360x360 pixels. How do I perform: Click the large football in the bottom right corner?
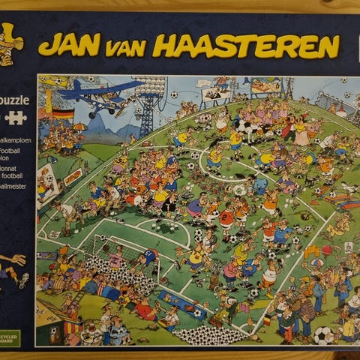pos(323,335)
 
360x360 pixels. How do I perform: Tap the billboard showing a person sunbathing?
pos(267,88)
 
